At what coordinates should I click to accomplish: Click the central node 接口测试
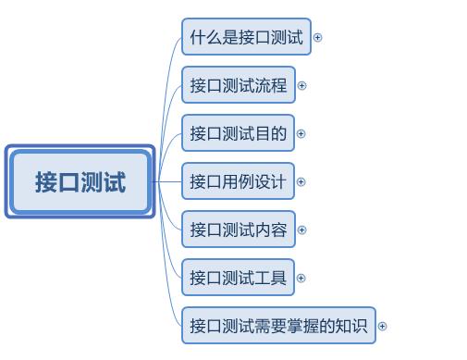coord(80,182)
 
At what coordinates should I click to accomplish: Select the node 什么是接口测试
coord(246,38)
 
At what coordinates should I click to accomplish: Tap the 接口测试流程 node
coord(238,86)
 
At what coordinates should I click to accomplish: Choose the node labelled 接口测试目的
coord(238,133)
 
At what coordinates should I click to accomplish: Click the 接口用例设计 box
coord(238,181)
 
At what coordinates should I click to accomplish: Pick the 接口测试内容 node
coord(238,230)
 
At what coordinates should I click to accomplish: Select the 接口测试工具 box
coord(238,278)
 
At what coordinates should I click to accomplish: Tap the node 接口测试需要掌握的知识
coord(278,326)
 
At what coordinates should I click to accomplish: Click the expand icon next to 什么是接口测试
coord(317,38)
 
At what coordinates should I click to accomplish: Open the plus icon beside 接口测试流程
coord(301,86)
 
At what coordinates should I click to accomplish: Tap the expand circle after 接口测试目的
coord(301,134)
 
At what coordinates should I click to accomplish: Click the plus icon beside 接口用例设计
coord(301,182)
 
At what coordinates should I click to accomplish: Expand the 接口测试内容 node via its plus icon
coord(301,230)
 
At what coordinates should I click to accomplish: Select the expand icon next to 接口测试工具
coord(301,278)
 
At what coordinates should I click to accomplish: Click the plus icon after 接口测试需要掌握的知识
coord(382,326)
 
